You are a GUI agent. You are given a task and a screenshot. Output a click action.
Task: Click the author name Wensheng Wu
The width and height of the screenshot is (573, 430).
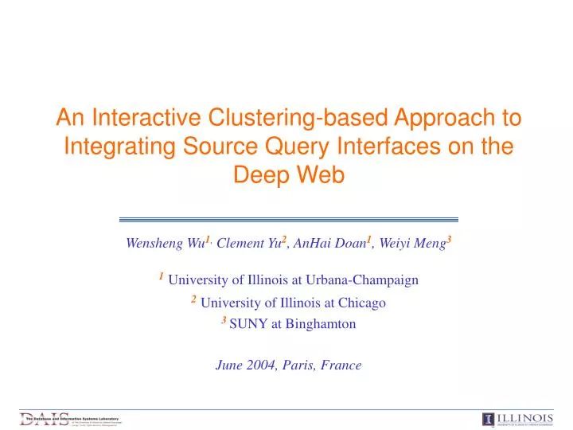(164, 244)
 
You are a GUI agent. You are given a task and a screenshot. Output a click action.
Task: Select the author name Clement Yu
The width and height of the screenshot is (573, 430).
(247, 244)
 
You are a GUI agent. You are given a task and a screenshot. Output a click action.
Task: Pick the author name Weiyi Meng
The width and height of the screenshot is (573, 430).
(411, 244)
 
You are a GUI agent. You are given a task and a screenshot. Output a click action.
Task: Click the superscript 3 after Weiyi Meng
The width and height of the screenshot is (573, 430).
(449, 240)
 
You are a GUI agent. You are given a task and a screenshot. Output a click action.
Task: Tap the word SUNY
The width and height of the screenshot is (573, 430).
(246, 324)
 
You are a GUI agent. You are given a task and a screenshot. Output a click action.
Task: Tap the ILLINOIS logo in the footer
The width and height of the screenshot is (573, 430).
(517, 420)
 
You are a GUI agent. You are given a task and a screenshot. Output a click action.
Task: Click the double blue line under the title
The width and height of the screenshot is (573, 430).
(288, 219)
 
